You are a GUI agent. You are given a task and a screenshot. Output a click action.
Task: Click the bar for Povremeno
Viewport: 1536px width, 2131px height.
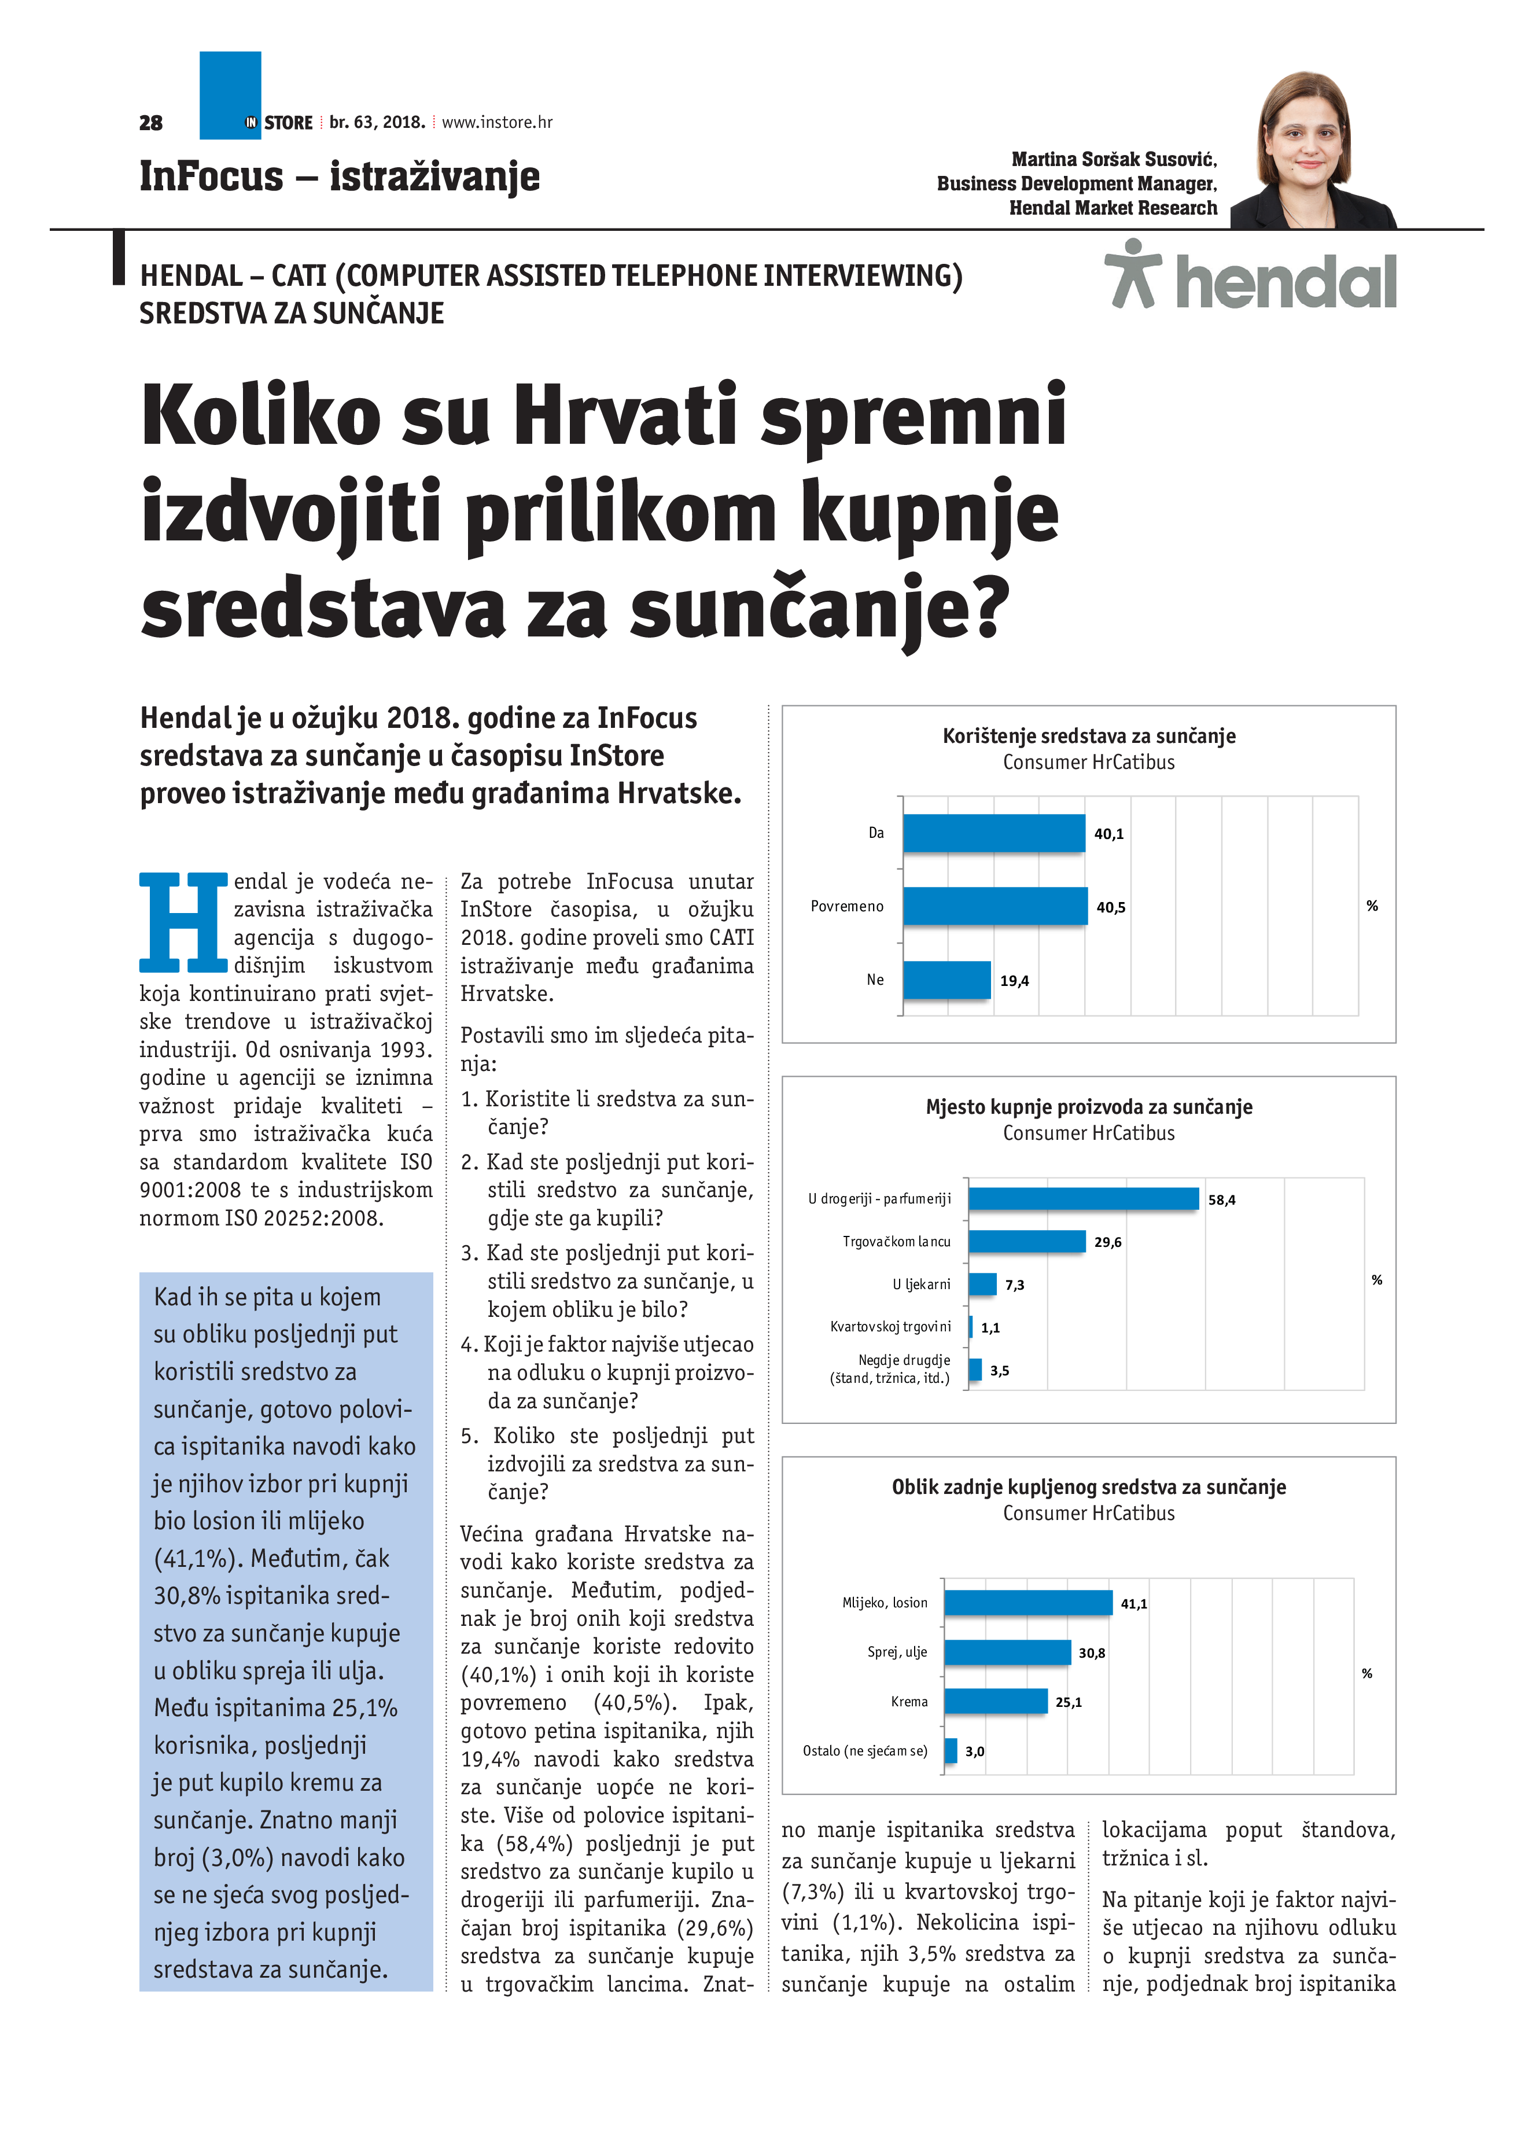click(x=994, y=906)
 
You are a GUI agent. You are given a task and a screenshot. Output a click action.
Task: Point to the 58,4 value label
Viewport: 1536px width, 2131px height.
click(x=1221, y=1200)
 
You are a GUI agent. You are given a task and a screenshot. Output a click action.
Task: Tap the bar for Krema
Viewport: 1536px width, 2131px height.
click(x=995, y=1701)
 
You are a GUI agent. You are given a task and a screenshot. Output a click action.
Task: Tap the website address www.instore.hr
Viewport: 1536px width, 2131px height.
click(x=497, y=122)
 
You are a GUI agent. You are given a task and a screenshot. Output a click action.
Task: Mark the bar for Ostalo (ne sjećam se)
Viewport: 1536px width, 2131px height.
click(x=951, y=1750)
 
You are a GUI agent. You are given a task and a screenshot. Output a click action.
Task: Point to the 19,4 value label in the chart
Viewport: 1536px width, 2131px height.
click(x=1014, y=981)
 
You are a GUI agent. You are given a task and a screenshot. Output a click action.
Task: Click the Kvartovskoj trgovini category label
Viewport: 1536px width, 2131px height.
click(x=890, y=1327)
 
